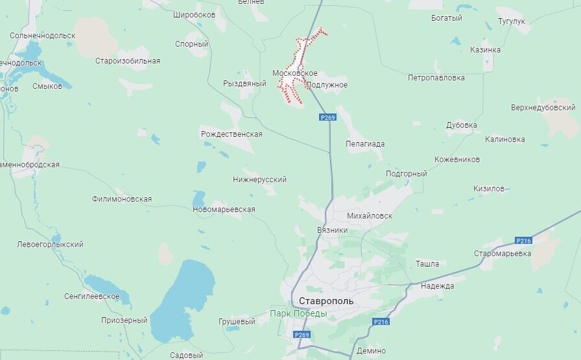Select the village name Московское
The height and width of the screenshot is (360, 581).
pyautogui.click(x=295, y=73)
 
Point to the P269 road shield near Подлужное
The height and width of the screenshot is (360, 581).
pyautogui.click(x=328, y=117)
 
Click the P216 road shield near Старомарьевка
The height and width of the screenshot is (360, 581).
pyautogui.click(x=523, y=241)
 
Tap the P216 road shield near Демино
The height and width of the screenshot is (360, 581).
pyautogui.click(x=381, y=322)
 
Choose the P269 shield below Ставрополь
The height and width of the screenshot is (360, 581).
pyautogui.click(x=302, y=335)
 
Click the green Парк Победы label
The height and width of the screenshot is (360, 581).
pyautogui.click(x=298, y=315)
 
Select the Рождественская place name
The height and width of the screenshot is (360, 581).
pyautogui.click(x=231, y=134)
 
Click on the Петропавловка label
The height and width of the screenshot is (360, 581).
pyautogui.click(x=436, y=77)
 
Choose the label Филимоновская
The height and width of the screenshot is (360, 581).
pyautogui.click(x=122, y=199)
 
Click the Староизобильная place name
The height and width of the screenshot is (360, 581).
pyautogui.click(x=128, y=61)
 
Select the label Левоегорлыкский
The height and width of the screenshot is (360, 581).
pyautogui.click(x=50, y=245)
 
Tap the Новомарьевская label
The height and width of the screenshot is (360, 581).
pyautogui.click(x=224, y=210)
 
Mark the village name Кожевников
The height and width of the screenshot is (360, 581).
pyautogui.click(x=457, y=159)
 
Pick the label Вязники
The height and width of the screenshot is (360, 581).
pyautogui.click(x=333, y=230)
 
